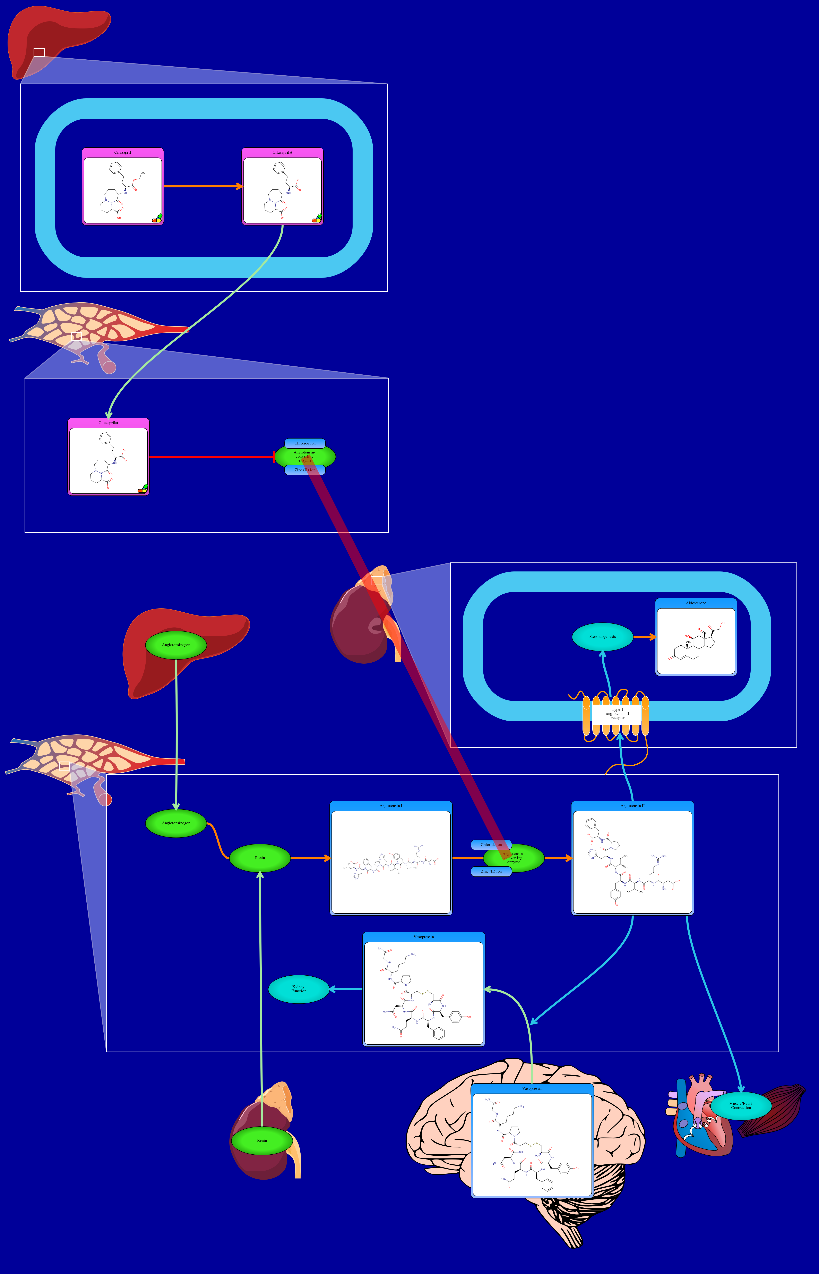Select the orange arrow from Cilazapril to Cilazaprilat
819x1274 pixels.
(x=202, y=186)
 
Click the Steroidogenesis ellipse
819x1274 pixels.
(x=602, y=636)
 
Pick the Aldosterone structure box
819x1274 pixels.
(x=696, y=641)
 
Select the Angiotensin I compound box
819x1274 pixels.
(x=391, y=862)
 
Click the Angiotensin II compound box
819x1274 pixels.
(x=632, y=862)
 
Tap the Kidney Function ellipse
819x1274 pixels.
(x=298, y=989)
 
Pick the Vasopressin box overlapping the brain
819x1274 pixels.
(x=532, y=1144)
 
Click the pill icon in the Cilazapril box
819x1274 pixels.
(x=157, y=218)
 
